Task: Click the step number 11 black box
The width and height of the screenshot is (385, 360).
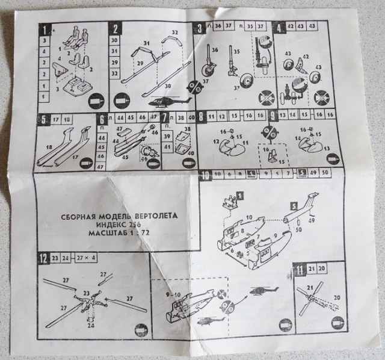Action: [x=300, y=268]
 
